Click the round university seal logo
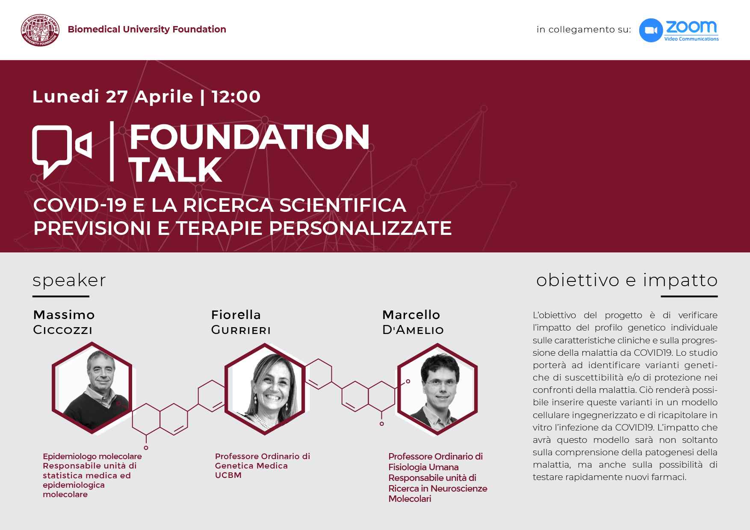pyautogui.click(x=41, y=29)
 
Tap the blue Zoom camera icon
pyautogui.click(x=651, y=30)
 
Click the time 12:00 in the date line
pyautogui.click(x=236, y=97)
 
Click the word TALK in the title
pyautogui.click(x=175, y=170)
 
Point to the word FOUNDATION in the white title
pyautogui.click(x=249, y=137)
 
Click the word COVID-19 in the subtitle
pyautogui.click(x=80, y=205)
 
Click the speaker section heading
pyautogui.click(x=69, y=281)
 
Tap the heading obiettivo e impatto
pyautogui.click(x=627, y=280)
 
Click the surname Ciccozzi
pyautogui.click(x=63, y=330)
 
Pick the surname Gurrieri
pyautogui.click(x=241, y=330)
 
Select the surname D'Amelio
pyautogui.click(x=413, y=330)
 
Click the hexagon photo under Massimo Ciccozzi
pyautogui.click(x=92, y=388)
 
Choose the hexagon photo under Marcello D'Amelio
pyautogui.click(x=437, y=388)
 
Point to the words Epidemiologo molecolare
pyautogui.click(x=92, y=456)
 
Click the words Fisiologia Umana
pyautogui.click(x=423, y=467)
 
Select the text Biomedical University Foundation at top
pyautogui.click(x=147, y=29)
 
